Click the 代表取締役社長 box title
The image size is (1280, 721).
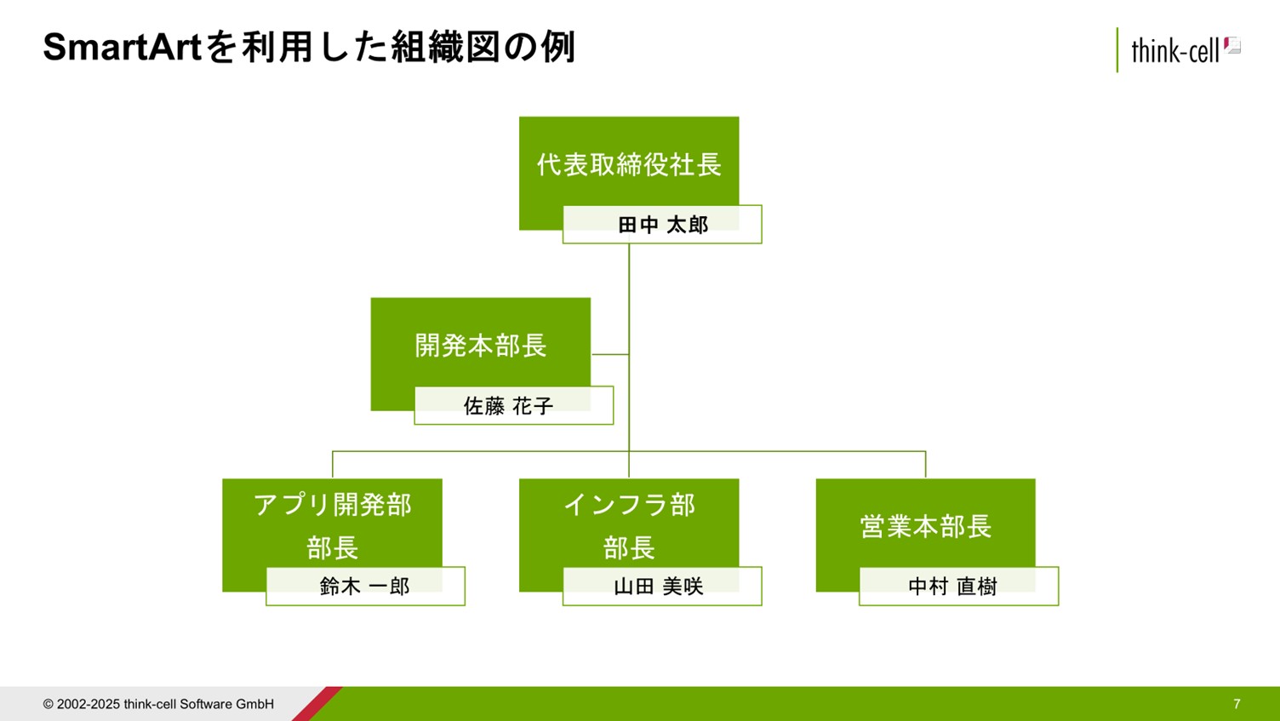pyautogui.click(x=629, y=164)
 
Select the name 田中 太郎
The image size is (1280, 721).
pyautogui.click(x=663, y=225)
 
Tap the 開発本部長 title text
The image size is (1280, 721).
pyautogui.click(x=481, y=346)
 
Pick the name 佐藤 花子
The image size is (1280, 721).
pyautogui.click(x=509, y=406)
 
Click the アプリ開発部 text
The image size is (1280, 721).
pyautogui.click(x=332, y=505)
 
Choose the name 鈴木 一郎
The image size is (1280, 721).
pyautogui.click(x=365, y=587)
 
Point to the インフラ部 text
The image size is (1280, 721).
pyautogui.click(x=629, y=505)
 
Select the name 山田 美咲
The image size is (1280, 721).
pyautogui.click(x=659, y=587)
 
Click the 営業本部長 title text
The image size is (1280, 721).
pyautogui.click(x=925, y=526)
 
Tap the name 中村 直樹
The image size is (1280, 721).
pyautogui.click(x=952, y=587)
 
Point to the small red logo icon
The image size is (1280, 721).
pyautogui.click(x=1232, y=46)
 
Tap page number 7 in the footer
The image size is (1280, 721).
pyautogui.click(x=1237, y=704)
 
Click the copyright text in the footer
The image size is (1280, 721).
pyautogui.click(x=158, y=704)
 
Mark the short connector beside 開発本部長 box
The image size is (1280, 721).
pyautogui.click(x=609, y=354)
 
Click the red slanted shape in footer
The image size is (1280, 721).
pyautogui.click(x=317, y=704)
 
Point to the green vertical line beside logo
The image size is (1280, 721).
pyautogui.click(x=1117, y=50)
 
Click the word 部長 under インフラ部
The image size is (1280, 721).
pyautogui.click(x=629, y=547)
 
